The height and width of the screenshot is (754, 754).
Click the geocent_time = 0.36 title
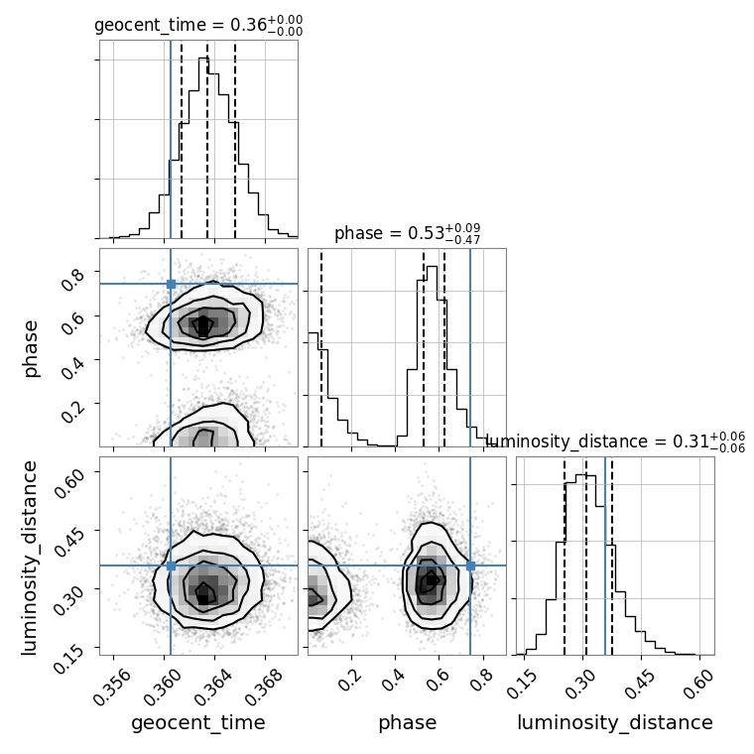pyautogui.click(x=197, y=26)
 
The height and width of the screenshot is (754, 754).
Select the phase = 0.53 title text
pyautogui.click(x=407, y=234)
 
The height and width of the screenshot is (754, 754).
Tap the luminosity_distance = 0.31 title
pyautogui.click(x=615, y=442)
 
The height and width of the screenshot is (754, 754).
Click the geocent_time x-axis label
pyautogui.click(x=198, y=723)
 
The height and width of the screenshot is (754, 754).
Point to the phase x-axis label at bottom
pyautogui.click(x=407, y=723)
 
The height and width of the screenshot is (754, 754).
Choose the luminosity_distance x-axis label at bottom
pyautogui.click(x=615, y=723)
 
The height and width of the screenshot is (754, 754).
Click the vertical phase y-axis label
pyautogui.click(x=32, y=347)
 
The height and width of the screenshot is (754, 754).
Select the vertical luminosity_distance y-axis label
pyautogui.click(x=32, y=556)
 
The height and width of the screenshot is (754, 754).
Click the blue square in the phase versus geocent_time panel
pyautogui.click(x=171, y=284)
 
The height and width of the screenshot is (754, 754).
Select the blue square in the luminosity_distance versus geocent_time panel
pyautogui.click(x=171, y=565)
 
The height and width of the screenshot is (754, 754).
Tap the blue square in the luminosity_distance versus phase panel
pyautogui.click(x=470, y=565)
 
